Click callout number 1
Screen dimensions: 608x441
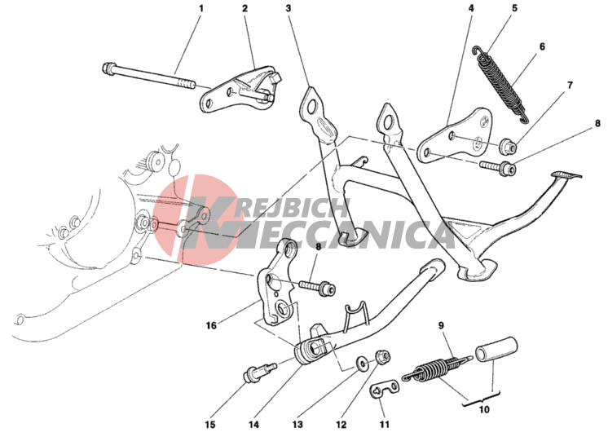tap(200, 8)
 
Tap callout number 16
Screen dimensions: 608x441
tap(211, 325)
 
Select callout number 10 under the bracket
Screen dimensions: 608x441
tap(484, 409)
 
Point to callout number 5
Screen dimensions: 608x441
tap(514, 8)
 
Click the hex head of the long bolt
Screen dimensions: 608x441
tap(108, 68)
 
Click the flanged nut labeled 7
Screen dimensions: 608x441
tap(509, 146)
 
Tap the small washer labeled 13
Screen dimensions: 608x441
tap(363, 364)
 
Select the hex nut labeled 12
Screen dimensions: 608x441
tap(382, 357)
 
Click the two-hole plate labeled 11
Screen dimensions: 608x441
tap(385, 389)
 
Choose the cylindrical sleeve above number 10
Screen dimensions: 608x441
tap(496, 350)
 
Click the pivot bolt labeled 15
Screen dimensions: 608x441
tap(259, 372)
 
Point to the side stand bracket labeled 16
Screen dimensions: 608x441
tap(277, 285)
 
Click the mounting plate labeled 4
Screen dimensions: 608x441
tap(456, 135)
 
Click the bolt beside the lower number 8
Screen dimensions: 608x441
tap(317, 288)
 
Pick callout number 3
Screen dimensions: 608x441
tap(288, 8)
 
